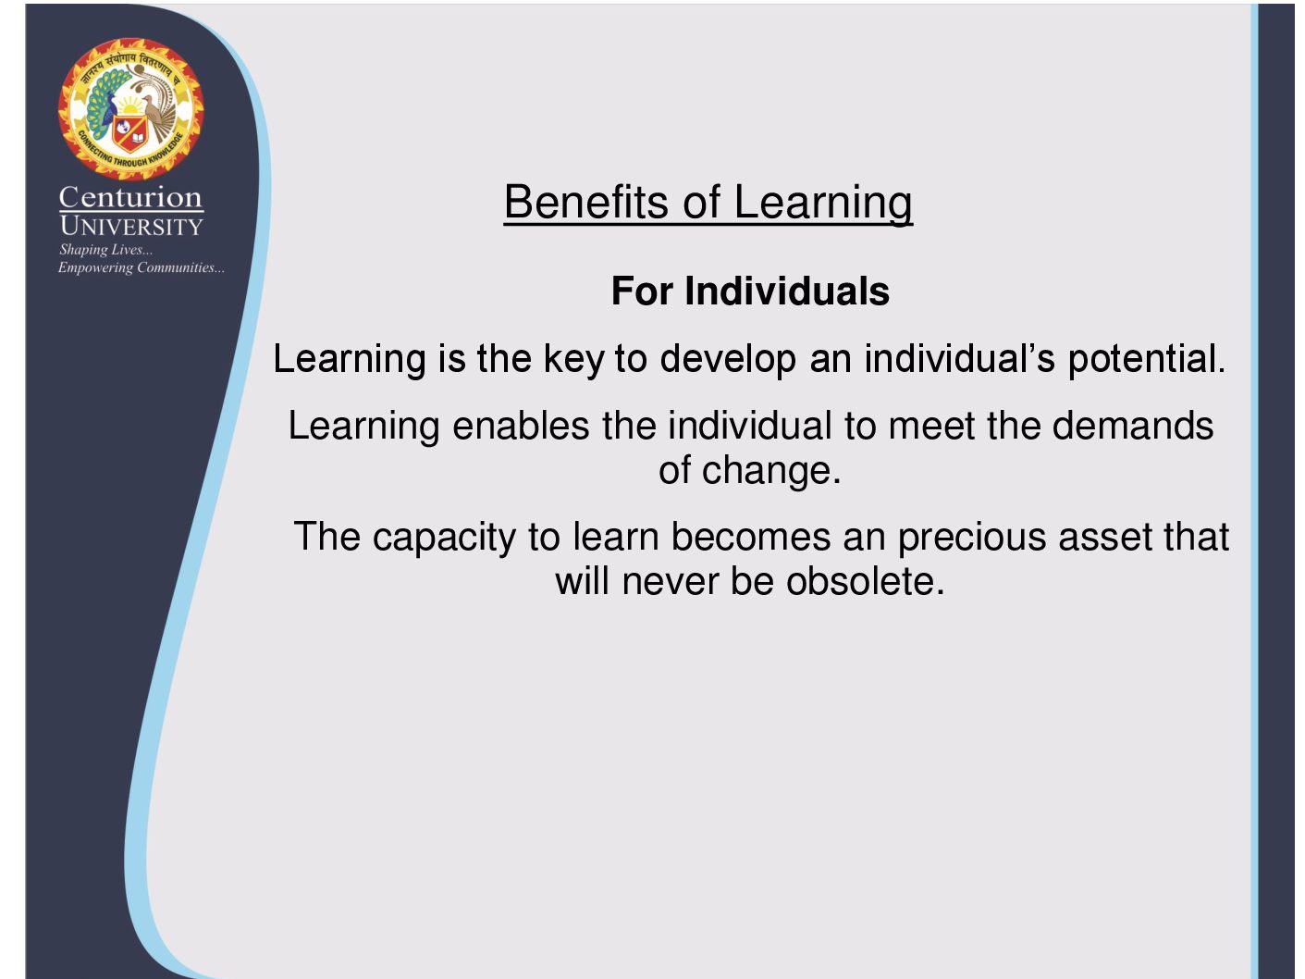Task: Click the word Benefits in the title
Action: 586,202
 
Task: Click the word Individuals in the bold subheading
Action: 786,291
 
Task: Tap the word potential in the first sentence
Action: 1146,360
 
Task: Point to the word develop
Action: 728,360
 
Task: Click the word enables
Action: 521,426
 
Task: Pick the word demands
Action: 1133,426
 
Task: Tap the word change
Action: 771,471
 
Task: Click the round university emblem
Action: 130,109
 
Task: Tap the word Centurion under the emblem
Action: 130,197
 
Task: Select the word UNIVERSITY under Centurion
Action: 131,226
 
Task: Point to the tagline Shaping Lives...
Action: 105,251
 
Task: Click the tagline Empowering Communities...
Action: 142,268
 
